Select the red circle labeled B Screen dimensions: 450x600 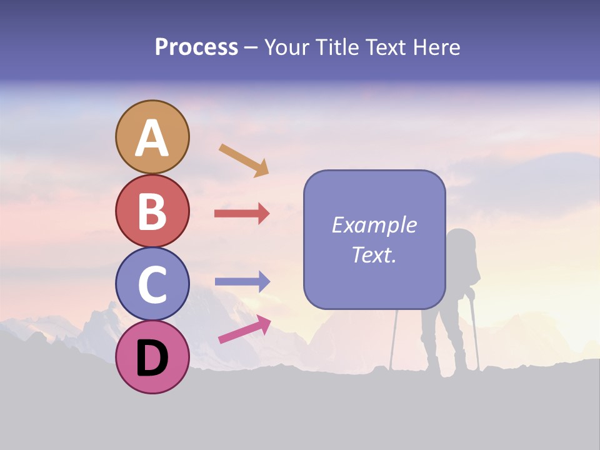152,211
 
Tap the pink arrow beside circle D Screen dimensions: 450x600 244,329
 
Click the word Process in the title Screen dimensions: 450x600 196,47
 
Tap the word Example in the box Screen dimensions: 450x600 374,225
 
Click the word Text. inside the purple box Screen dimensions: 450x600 374,254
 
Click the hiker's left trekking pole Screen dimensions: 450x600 394,337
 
